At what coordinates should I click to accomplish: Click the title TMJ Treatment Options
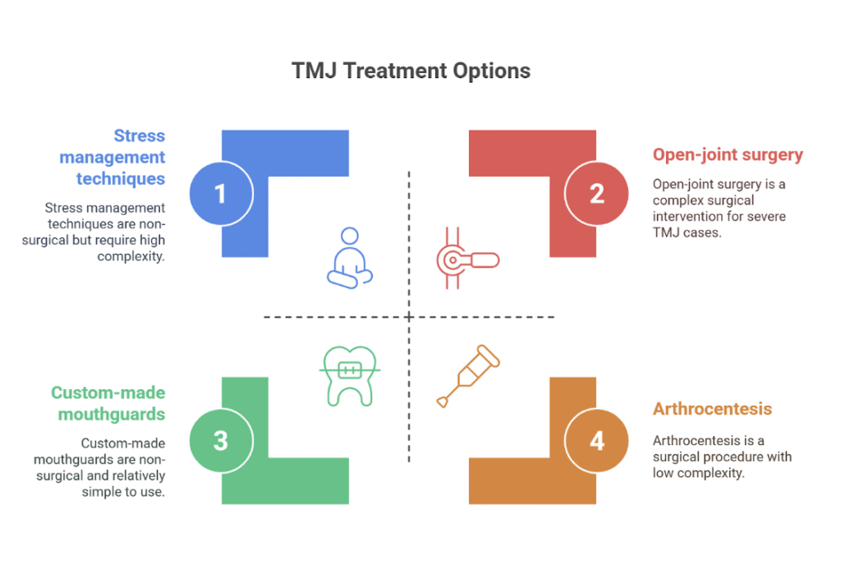coord(411,71)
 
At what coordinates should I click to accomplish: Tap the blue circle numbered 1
coord(220,194)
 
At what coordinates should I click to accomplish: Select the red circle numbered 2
coord(596,194)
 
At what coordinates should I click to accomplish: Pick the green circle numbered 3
coord(220,440)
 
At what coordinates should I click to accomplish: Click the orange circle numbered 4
coord(596,440)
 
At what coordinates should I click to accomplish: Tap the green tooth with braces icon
coord(352,374)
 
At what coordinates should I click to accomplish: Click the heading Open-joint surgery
coord(728,154)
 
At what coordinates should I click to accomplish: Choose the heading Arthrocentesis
coord(712,409)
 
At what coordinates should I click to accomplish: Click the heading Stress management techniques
coord(113,157)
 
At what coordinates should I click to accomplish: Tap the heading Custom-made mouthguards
coord(108,403)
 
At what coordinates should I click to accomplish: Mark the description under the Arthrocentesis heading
coord(722,456)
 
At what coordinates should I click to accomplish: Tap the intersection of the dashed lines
coord(409,317)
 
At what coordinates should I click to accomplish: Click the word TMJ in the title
coord(313,71)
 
